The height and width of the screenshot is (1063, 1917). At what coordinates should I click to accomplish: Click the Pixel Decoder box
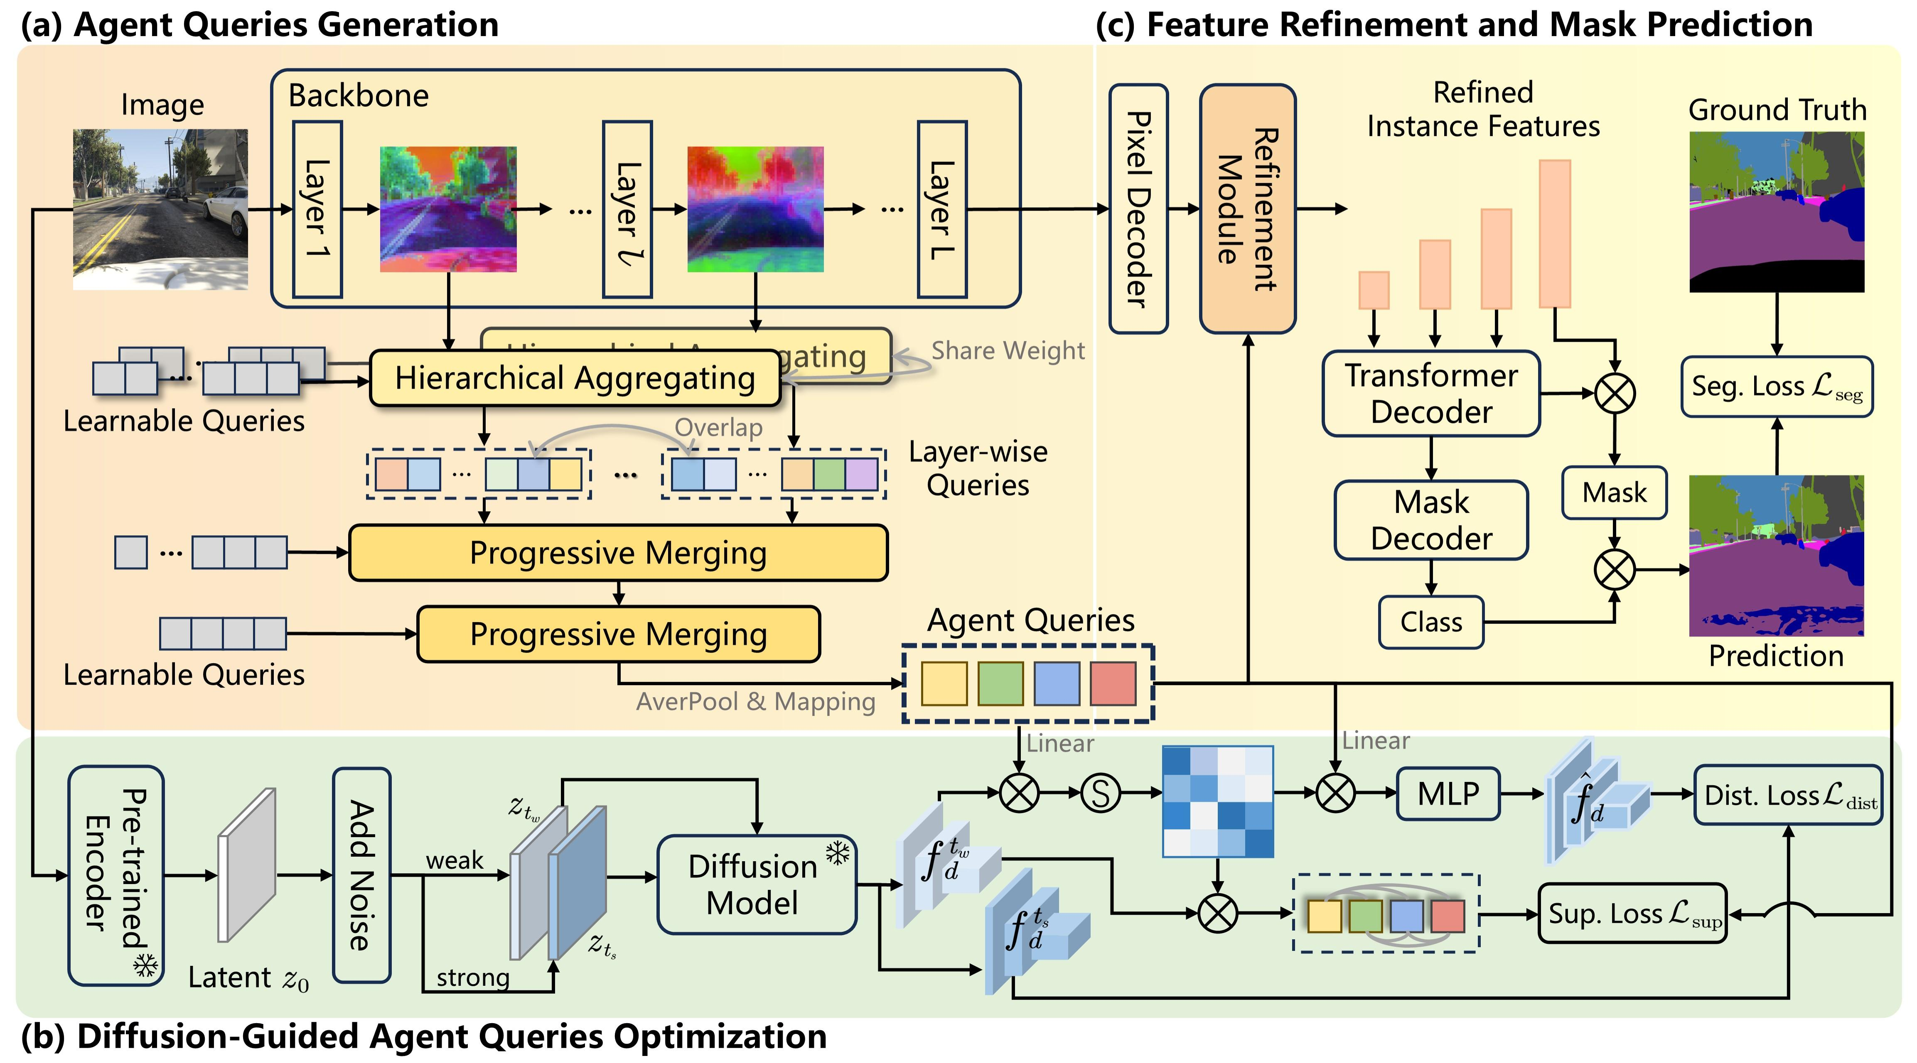tap(1138, 209)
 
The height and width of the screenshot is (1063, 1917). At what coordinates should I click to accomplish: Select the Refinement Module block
tap(1247, 209)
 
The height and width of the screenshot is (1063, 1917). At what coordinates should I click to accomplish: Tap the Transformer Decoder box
tap(1430, 394)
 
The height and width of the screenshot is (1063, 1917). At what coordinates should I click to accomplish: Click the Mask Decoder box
tap(1430, 520)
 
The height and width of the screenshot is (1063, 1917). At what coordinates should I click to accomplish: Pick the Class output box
tap(1430, 622)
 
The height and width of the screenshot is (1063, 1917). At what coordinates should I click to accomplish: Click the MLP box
tap(1448, 794)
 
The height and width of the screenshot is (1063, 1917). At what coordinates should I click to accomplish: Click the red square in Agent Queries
tap(1113, 683)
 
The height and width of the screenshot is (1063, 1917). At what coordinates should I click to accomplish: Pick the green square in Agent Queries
tap(1000, 683)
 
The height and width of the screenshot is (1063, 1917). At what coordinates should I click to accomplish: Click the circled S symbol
tap(1100, 793)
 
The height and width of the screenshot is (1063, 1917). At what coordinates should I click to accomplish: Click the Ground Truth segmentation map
tap(1776, 212)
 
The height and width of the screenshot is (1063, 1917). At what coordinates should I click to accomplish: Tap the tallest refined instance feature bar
tap(1555, 234)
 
